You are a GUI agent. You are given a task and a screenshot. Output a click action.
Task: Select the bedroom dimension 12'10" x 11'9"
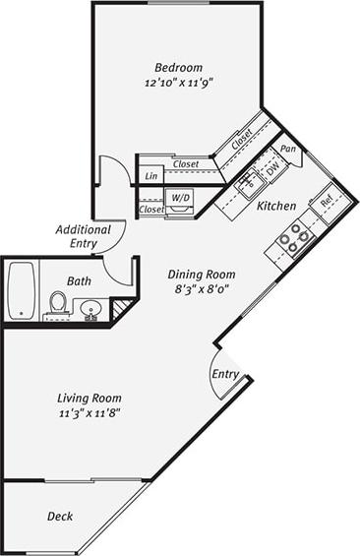pos(178,84)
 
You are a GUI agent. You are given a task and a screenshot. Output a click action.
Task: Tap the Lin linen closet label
pos(151,176)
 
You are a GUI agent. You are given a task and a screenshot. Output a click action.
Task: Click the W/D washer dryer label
pos(181,198)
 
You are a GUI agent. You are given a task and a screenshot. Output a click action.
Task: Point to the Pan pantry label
pos(288,149)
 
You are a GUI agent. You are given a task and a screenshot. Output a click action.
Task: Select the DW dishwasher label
pos(272,168)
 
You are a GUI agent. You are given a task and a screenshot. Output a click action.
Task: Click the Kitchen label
pos(276,206)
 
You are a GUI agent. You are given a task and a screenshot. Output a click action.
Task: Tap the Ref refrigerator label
pos(327,202)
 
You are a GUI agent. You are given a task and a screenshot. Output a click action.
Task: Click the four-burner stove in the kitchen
pos(294,237)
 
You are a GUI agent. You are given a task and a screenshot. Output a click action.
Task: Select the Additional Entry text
pos(83,236)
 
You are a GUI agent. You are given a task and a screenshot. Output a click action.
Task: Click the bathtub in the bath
pos(21,289)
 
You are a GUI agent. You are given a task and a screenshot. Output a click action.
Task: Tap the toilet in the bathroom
pos(59,304)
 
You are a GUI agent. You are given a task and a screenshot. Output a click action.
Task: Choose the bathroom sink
pos(91,309)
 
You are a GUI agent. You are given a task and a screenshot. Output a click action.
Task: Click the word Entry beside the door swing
pos(225,375)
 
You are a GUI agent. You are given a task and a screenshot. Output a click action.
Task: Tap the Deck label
pos(60,516)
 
